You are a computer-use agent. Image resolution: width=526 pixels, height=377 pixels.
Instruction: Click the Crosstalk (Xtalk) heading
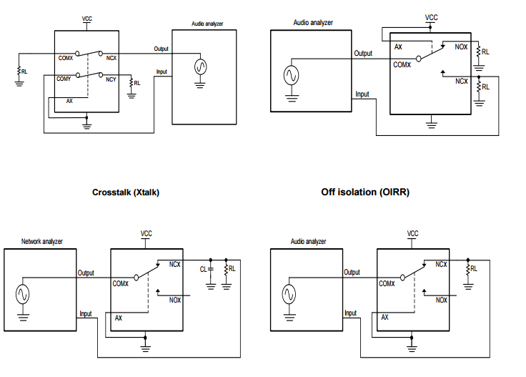(125, 192)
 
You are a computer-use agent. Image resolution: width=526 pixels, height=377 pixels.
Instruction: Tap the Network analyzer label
(42, 242)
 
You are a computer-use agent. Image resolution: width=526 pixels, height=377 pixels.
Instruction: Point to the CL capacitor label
(203, 269)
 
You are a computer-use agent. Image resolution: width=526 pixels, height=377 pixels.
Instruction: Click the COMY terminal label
(64, 78)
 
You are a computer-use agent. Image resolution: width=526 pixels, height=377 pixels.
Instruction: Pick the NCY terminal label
(111, 79)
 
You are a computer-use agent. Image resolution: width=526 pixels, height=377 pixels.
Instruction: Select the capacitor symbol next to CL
(211, 269)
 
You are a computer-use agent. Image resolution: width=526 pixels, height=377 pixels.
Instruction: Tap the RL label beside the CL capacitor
(232, 269)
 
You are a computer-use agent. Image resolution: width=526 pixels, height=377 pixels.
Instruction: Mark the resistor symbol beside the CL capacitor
(226, 269)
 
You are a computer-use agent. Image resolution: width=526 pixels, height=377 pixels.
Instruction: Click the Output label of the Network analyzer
(86, 273)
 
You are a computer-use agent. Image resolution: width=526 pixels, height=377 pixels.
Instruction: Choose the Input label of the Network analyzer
(85, 313)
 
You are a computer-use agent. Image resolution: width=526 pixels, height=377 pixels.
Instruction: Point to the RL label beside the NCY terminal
(137, 83)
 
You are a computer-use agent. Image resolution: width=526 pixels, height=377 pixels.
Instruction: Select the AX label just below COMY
(69, 102)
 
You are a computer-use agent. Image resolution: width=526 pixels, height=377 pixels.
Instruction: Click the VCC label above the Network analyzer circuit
(146, 233)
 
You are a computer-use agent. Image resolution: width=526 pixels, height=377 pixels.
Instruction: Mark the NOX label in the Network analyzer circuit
(175, 300)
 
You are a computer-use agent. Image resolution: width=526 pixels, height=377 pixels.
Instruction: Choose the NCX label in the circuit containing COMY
(111, 57)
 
